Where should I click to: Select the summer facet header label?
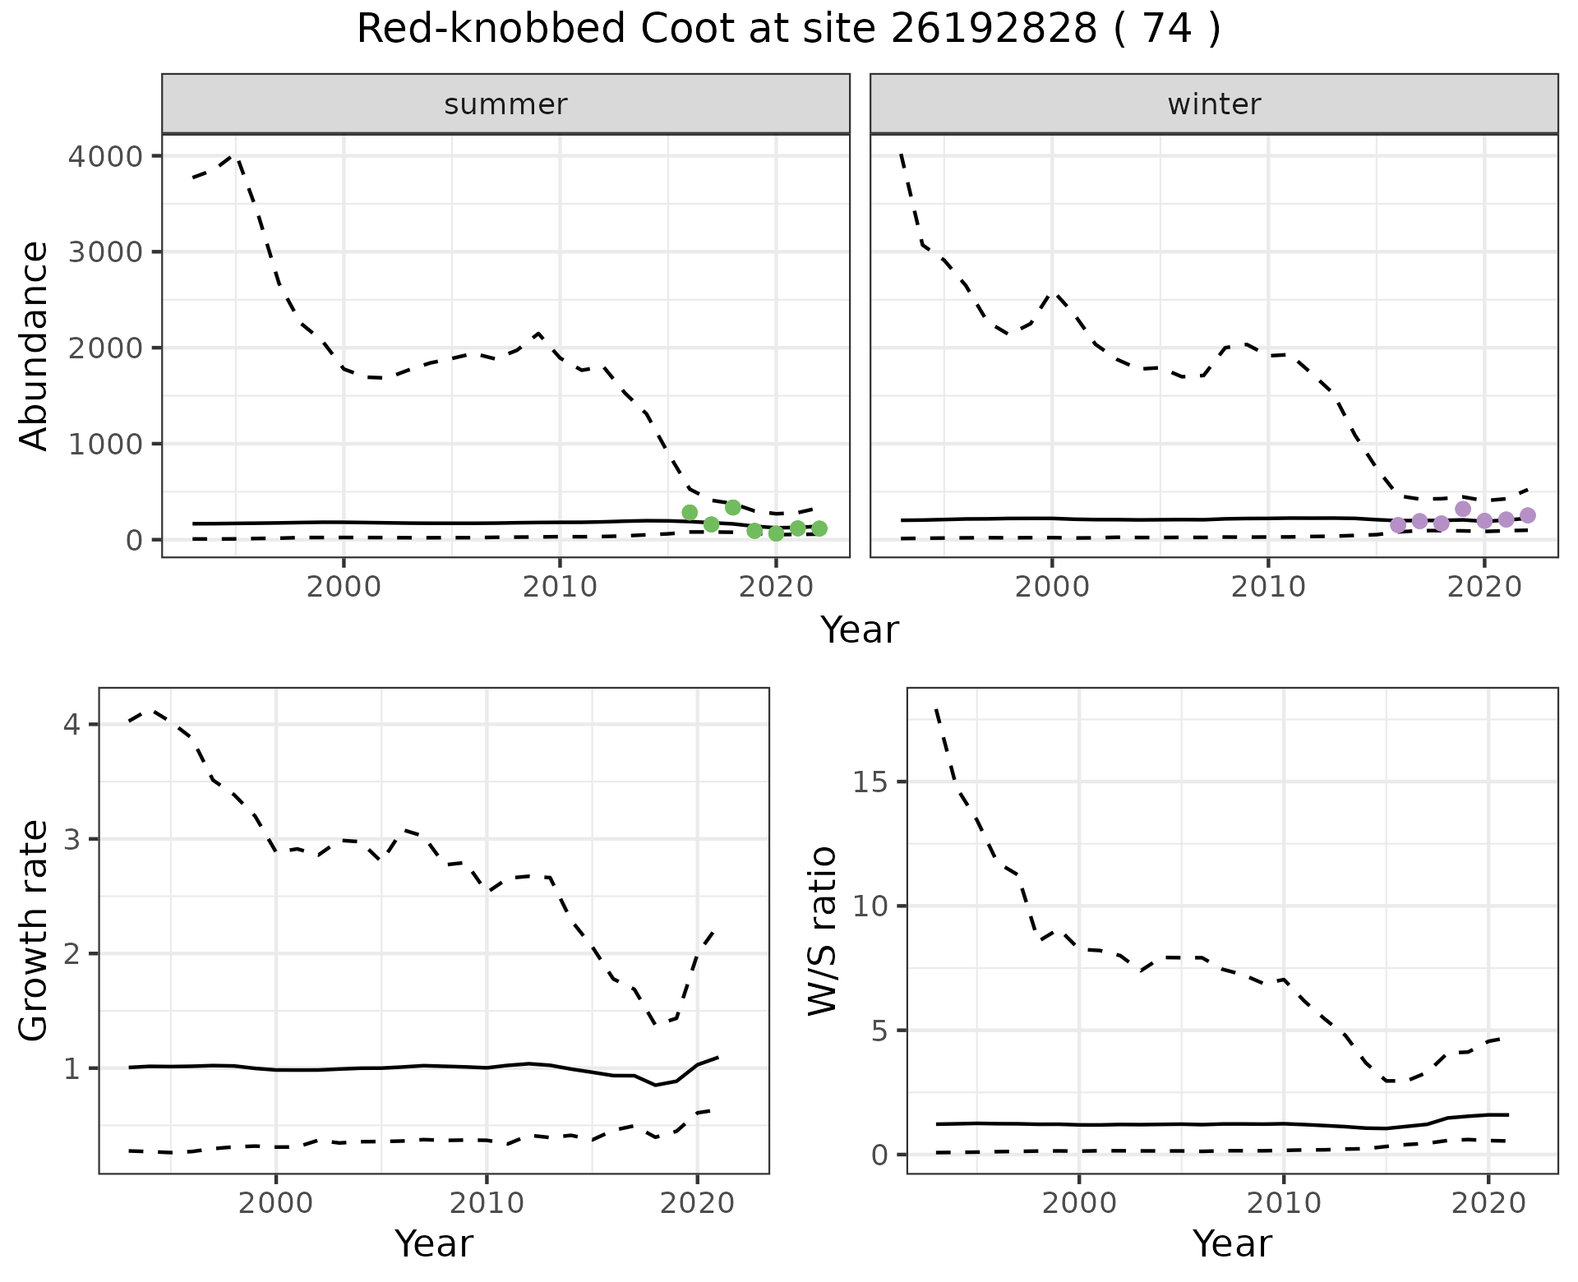505,104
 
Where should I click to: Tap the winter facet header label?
1214,104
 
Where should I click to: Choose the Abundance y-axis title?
35,345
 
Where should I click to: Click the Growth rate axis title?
35,930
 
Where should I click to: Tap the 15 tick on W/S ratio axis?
871,782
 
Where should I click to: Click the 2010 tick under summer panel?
560,587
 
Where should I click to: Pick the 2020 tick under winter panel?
1484,587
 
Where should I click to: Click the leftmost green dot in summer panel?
690,513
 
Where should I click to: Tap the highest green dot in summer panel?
733,507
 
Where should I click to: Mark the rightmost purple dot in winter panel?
1528,515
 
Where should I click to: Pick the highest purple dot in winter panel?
1463,509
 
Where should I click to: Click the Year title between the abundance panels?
860,630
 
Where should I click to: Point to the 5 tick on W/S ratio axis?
879,1031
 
